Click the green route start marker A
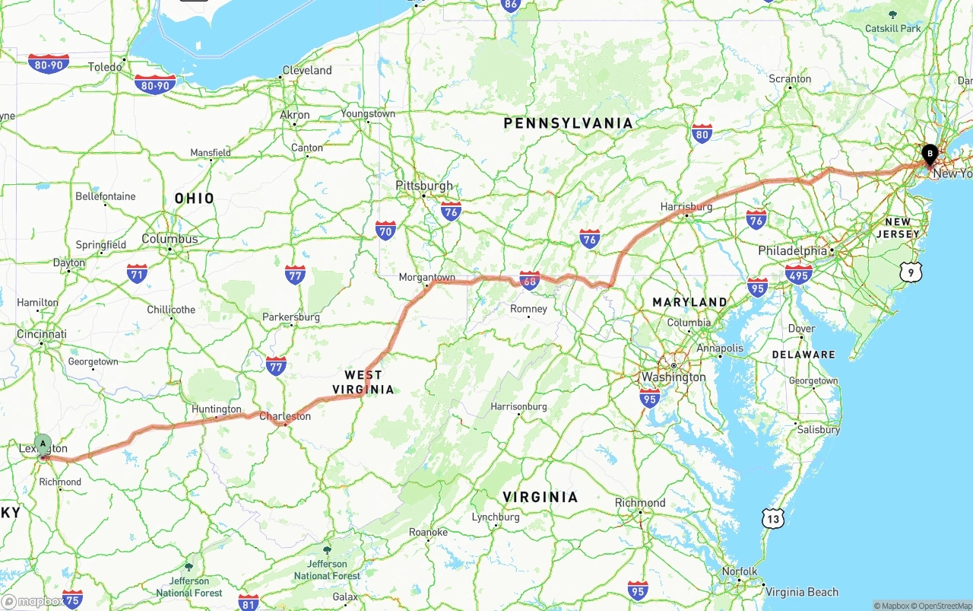point(43,444)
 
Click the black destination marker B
point(929,154)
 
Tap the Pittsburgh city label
point(423,186)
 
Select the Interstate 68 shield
point(529,279)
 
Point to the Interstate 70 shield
point(385,230)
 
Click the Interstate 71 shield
point(138,274)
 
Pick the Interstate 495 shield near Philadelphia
point(798,274)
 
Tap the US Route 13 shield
point(773,519)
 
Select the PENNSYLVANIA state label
point(568,123)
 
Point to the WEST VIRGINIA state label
point(363,382)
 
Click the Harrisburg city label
point(686,206)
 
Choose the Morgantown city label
point(427,277)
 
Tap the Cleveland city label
point(307,70)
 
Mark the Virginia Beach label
point(801,591)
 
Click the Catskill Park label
point(892,28)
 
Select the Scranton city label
point(790,78)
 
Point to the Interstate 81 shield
point(249,602)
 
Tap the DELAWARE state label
point(803,355)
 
